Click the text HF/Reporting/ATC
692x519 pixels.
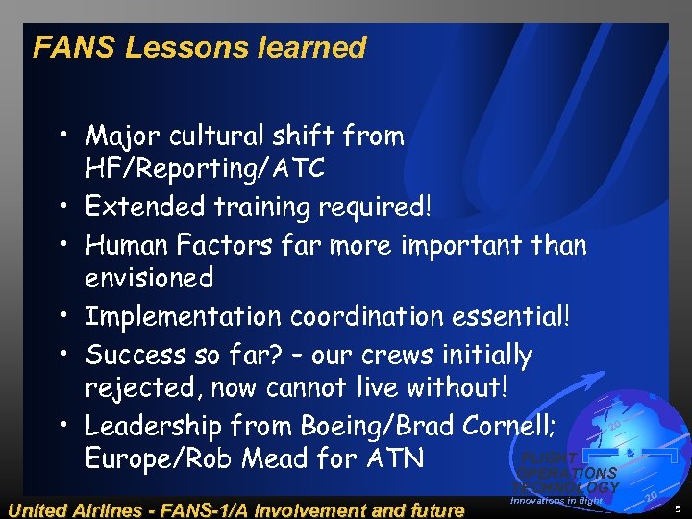pos(205,169)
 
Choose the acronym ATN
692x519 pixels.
pos(393,458)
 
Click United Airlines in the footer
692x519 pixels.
pos(77,507)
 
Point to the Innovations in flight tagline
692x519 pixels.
pos(556,501)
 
